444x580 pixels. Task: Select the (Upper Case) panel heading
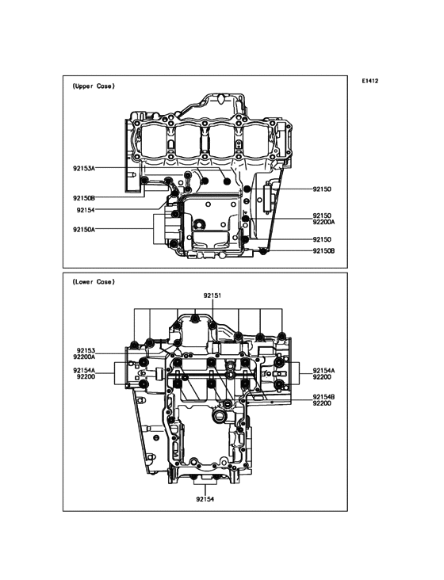pos(93,86)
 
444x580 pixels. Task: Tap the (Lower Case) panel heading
pos(93,281)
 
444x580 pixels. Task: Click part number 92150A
pos(84,229)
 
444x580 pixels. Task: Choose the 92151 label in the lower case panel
pos(211,295)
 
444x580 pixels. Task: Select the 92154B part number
pos(323,396)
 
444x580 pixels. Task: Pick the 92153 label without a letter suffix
pos(86,349)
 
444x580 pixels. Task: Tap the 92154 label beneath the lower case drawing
pos(205,499)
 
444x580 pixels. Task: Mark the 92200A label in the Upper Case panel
pos(323,222)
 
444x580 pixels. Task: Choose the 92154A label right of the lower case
pos(323,370)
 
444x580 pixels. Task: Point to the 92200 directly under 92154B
pos(321,403)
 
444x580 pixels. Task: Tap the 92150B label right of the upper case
pos(323,250)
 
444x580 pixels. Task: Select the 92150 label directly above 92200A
pos(321,215)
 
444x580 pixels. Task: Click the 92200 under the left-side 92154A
pos(86,377)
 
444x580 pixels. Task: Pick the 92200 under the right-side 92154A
pos(321,377)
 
